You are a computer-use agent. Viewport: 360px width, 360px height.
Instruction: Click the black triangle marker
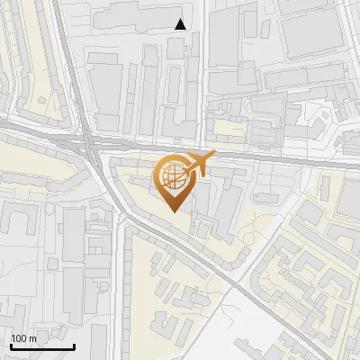(181, 24)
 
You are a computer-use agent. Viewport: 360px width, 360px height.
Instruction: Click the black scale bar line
(42, 346)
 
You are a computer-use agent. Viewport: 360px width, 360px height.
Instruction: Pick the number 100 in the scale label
(22, 338)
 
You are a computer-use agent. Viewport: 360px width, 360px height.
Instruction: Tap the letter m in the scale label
(34, 338)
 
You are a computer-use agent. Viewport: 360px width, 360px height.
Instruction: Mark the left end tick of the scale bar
(11, 345)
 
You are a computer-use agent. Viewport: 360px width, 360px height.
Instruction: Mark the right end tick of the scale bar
(74, 345)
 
